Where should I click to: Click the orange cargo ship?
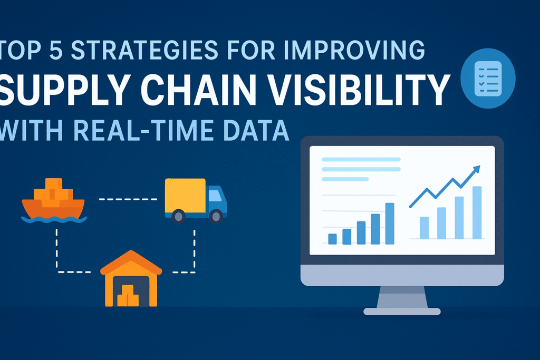tap(53, 199)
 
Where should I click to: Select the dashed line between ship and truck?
tap(128, 199)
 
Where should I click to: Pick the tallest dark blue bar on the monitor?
tap(390, 223)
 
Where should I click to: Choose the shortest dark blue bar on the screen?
tap(332, 239)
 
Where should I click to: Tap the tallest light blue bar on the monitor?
tap(477, 212)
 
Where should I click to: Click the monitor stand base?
tap(402, 311)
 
